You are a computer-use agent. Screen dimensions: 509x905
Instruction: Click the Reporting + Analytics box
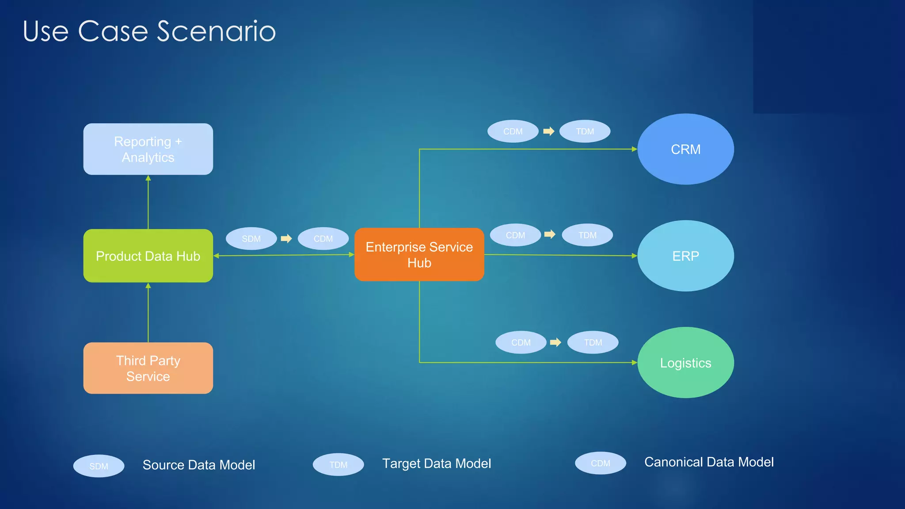pyautogui.click(x=148, y=149)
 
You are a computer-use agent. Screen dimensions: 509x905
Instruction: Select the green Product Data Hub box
pyautogui.click(x=148, y=256)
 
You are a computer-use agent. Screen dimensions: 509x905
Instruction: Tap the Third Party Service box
pyautogui.click(x=148, y=368)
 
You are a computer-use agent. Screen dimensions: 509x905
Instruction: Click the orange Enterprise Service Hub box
pyautogui.click(x=419, y=254)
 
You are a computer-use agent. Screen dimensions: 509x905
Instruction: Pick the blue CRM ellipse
pyautogui.click(x=685, y=149)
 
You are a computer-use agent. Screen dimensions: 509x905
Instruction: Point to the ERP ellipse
pyautogui.click(x=685, y=256)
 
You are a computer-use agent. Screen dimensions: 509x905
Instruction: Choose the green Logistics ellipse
pyautogui.click(x=685, y=363)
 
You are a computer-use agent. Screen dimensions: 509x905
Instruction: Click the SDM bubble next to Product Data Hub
pyautogui.click(x=251, y=239)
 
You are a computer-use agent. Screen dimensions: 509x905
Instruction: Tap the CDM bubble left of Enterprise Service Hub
pyautogui.click(x=323, y=239)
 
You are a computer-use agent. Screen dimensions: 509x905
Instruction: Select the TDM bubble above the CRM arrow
pyautogui.click(x=585, y=131)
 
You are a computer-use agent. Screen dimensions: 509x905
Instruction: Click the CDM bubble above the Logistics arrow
pyautogui.click(x=521, y=342)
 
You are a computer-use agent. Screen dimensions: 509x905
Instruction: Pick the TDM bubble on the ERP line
pyautogui.click(x=587, y=235)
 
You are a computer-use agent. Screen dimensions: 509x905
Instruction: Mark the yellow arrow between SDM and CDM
pyautogui.click(x=286, y=239)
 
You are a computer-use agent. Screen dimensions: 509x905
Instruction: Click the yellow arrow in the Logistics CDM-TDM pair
pyautogui.click(x=555, y=342)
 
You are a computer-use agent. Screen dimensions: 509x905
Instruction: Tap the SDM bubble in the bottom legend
pyautogui.click(x=99, y=466)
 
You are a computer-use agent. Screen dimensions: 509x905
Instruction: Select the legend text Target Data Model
pyautogui.click(x=436, y=463)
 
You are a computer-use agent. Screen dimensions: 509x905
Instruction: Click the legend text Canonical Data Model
pyautogui.click(x=709, y=462)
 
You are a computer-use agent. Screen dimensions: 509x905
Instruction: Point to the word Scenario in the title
pyautogui.click(x=216, y=31)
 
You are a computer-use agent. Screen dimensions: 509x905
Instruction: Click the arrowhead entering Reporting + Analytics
pyautogui.click(x=148, y=178)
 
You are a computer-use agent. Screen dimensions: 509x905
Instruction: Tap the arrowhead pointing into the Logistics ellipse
pyautogui.click(x=635, y=363)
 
